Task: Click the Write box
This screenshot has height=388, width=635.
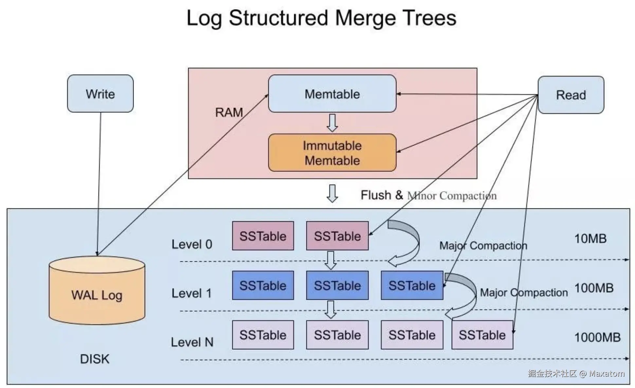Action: (100, 94)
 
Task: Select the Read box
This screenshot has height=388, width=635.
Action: (571, 95)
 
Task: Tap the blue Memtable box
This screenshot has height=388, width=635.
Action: (332, 94)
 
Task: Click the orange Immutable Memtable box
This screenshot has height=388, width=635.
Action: (332, 153)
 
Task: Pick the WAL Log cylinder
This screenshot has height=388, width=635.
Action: (97, 291)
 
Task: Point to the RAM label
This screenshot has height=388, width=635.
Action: (229, 112)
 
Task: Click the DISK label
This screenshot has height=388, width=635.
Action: (95, 359)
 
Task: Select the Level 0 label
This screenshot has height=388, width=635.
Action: (192, 244)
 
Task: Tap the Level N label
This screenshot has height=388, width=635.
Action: (192, 342)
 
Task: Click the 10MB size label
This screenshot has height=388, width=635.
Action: (590, 238)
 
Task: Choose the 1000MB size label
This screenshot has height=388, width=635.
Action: (597, 337)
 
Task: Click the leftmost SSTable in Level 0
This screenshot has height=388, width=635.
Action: (263, 236)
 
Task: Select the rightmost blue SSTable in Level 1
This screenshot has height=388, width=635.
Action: (412, 285)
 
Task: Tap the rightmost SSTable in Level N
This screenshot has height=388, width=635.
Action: (482, 335)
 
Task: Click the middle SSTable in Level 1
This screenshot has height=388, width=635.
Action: (337, 285)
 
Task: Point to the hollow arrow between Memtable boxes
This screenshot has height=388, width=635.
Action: (332, 123)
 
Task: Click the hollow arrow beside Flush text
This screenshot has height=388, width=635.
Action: (332, 193)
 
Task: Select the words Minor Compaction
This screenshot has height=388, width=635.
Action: (452, 196)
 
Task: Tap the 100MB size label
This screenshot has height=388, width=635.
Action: (594, 288)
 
